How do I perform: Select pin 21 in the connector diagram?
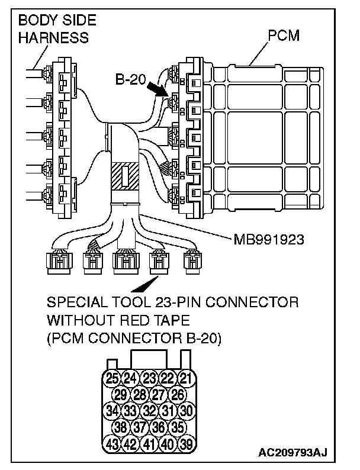186,378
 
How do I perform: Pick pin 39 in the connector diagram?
186,442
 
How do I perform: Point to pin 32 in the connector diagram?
149,410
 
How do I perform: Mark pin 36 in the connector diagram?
158,426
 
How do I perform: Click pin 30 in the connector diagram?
186,410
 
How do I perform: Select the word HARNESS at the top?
53,38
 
